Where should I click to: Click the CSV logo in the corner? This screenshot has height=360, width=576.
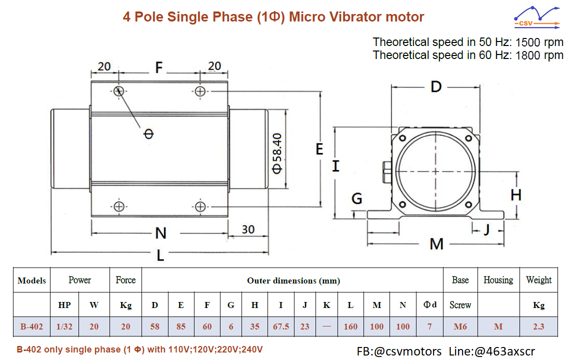pyautogui.click(x=537, y=17)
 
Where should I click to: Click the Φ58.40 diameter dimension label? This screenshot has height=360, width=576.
pyautogui.click(x=277, y=153)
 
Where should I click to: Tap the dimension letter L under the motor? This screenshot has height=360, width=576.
pyautogui.click(x=160, y=255)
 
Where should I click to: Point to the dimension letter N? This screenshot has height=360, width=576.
pyautogui.click(x=160, y=233)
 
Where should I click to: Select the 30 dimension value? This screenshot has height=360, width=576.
pyautogui.click(x=248, y=229)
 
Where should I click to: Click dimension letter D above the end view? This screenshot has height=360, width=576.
pyautogui.click(x=436, y=87)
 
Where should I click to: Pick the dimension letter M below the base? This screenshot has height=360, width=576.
pyautogui.click(x=436, y=244)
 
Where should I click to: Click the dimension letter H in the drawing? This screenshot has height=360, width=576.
pyautogui.click(x=516, y=194)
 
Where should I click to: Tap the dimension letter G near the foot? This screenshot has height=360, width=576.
pyautogui.click(x=356, y=198)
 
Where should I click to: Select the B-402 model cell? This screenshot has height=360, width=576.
pyautogui.click(x=31, y=326)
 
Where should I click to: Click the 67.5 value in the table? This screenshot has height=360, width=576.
pyautogui.click(x=281, y=326)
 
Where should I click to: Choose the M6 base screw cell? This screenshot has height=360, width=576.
pyautogui.click(x=460, y=326)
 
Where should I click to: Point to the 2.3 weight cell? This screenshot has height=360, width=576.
pyautogui.click(x=538, y=326)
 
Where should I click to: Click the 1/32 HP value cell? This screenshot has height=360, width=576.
pyautogui.click(x=64, y=326)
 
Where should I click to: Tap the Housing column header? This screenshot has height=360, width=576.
pyautogui.click(x=498, y=280)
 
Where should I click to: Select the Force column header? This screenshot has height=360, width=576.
pyautogui.click(x=125, y=280)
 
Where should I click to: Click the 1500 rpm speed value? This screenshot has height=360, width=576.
pyautogui.click(x=539, y=42)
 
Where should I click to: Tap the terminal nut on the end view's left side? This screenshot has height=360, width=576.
pyautogui.click(x=387, y=172)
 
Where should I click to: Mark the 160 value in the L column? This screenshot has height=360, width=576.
pyautogui.click(x=350, y=326)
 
